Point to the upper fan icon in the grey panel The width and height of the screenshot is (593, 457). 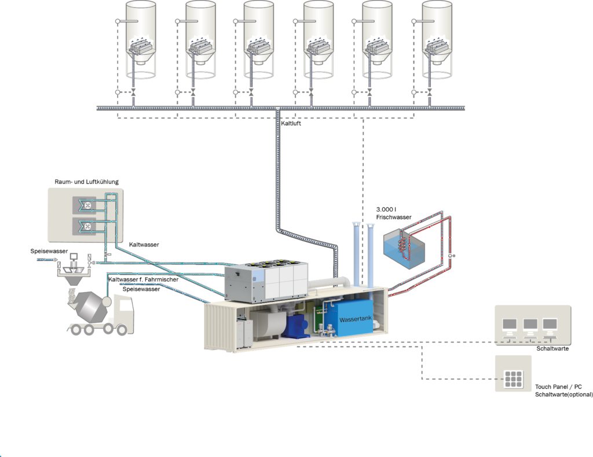pyautogui.click(x=87, y=205)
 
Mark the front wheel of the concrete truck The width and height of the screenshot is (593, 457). pyautogui.click(x=122, y=330)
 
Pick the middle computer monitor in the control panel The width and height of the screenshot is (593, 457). pyautogui.click(x=530, y=326)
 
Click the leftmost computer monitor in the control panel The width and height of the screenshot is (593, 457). pyautogui.click(x=510, y=326)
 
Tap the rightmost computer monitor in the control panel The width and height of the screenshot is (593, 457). pyautogui.click(x=550, y=326)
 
